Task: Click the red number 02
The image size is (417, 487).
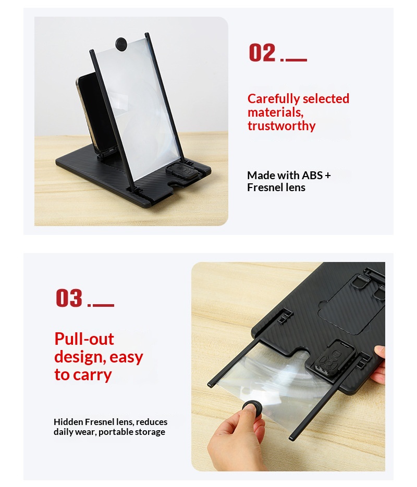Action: pos(262,53)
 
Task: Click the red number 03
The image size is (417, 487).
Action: pos(69,298)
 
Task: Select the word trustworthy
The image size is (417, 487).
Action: pos(281,126)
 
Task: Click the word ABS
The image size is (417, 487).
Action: pos(312,176)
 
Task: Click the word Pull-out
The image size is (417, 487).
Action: pos(84,339)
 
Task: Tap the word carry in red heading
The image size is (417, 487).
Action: pos(93,375)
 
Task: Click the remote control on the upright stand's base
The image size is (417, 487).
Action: pos(182,171)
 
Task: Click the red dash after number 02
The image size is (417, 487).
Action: pos(296,59)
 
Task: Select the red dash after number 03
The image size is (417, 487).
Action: pos(103,305)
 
